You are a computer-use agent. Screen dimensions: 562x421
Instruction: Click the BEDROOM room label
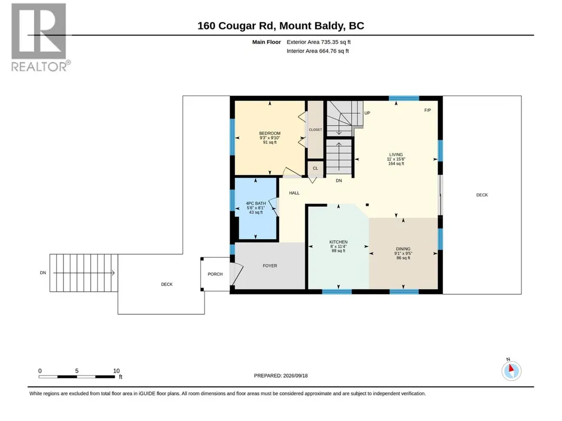[270, 133]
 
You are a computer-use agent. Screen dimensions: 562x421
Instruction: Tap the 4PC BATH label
[256, 203]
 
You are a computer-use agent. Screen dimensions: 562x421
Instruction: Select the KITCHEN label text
[338, 242]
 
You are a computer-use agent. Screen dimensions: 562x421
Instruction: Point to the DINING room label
[403, 249]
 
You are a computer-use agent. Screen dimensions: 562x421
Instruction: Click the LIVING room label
[396, 154]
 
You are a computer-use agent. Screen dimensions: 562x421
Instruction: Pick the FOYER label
[270, 266]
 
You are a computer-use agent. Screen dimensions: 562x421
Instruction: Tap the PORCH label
[215, 274]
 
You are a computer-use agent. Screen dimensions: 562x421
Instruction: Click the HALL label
[294, 193]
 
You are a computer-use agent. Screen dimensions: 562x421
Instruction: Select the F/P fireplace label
[428, 110]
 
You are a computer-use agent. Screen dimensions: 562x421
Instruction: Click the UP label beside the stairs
[367, 113]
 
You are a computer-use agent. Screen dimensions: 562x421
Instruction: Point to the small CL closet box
[315, 168]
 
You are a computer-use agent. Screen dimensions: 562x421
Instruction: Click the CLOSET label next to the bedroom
[315, 130]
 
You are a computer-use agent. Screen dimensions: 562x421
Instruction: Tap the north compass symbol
[512, 371]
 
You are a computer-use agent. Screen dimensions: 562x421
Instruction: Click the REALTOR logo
[39, 37]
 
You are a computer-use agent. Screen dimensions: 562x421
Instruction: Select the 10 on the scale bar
[116, 371]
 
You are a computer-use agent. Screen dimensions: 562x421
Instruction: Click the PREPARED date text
[281, 376]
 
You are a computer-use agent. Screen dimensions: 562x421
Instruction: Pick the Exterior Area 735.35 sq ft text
[319, 42]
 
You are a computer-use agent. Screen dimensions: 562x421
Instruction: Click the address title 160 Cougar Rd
[236, 26]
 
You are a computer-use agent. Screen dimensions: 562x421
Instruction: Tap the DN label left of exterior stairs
[43, 273]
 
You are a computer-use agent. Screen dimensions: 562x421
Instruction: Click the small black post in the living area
[367, 205]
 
